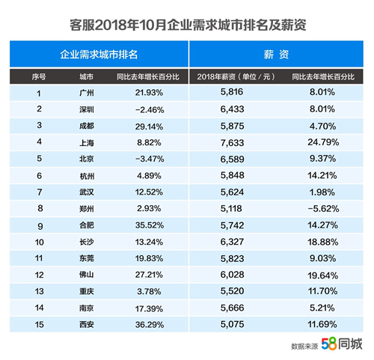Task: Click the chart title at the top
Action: pos(187,25)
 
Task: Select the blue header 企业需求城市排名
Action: pos(99,55)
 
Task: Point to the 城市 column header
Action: pos(85,78)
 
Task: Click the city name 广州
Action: pos(85,95)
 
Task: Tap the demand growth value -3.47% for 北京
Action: pos(135,158)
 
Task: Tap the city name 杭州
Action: pos(85,174)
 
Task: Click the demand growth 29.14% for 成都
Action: pos(135,126)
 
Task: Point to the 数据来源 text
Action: pos(304,346)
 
